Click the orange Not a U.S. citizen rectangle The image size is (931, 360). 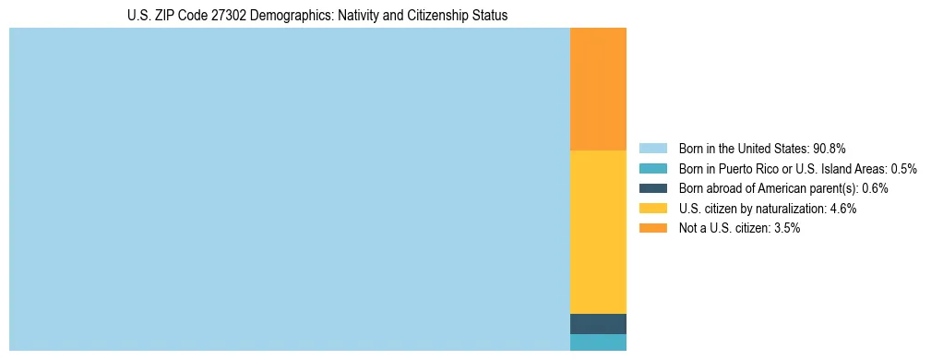click(x=598, y=89)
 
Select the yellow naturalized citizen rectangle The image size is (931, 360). click(x=598, y=232)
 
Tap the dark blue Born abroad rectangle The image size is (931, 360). click(x=598, y=324)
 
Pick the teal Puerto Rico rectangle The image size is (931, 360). click(x=598, y=342)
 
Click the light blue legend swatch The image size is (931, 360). click(x=652, y=149)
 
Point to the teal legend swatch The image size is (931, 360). click(x=652, y=169)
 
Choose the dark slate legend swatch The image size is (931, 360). click(x=652, y=188)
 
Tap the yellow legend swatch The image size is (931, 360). click(x=652, y=209)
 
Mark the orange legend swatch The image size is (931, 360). click(x=652, y=228)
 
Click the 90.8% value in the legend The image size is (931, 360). click(x=830, y=149)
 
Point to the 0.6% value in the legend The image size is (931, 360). click(x=877, y=188)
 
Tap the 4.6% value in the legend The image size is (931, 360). click(x=842, y=209)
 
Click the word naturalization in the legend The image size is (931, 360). click(x=793, y=209)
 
